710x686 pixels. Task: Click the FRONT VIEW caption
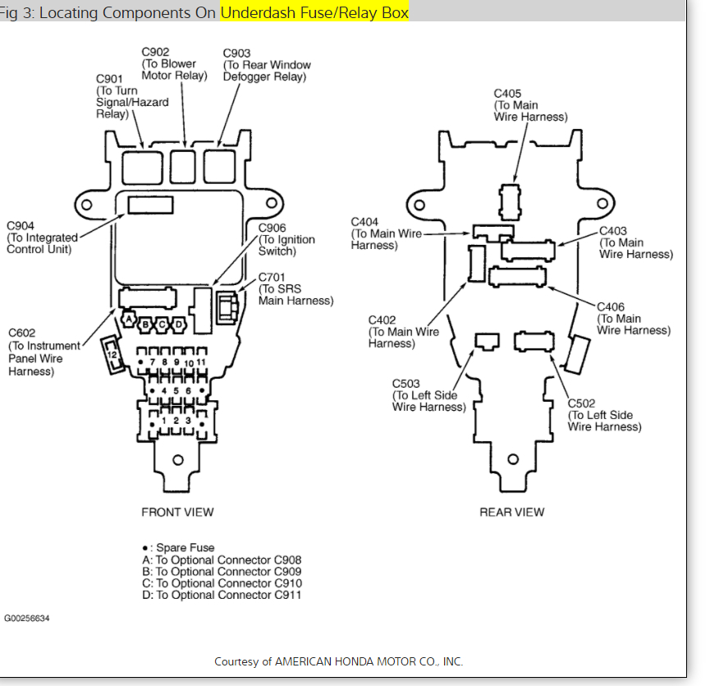[x=177, y=512]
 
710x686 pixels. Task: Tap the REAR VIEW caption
[x=511, y=512]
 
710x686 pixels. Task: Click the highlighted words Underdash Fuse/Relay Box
[x=314, y=12]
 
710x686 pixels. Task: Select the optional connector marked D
[x=178, y=325]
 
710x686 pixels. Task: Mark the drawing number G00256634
[x=27, y=618]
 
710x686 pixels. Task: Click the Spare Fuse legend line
[x=178, y=547]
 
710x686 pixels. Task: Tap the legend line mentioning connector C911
[x=222, y=594]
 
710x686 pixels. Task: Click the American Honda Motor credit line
[x=339, y=661]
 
